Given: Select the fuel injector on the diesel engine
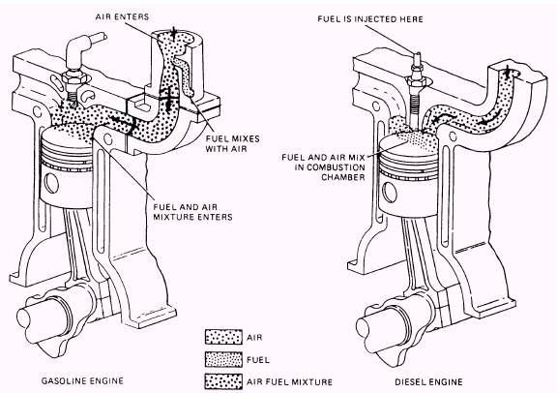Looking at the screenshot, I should tap(413, 77).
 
